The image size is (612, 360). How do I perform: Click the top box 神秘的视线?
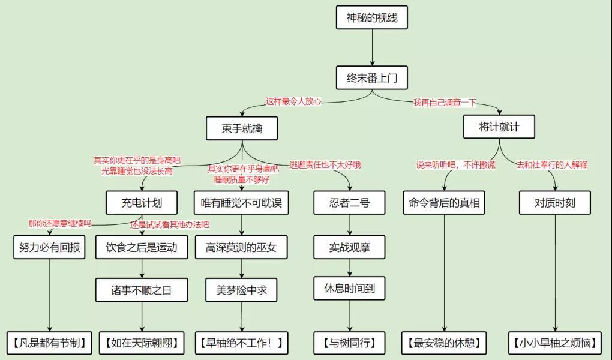click(372, 17)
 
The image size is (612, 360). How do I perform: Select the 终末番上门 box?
click(372, 78)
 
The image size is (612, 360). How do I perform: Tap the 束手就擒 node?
click(242, 128)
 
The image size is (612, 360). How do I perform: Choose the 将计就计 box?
click(499, 127)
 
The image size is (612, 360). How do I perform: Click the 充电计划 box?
click(142, 203)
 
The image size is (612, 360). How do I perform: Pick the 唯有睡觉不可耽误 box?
click(241, 203)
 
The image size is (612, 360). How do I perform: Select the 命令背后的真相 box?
click(445, 203)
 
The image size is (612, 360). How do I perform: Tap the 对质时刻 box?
click(555, 203)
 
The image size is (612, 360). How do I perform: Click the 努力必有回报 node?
click(49, 247)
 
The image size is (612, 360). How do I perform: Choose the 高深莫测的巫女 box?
click(241, 247)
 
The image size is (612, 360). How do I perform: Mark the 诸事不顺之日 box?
click(142, 290)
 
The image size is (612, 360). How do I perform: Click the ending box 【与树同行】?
click(349, 343)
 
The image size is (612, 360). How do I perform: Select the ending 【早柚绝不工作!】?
click(241, 343)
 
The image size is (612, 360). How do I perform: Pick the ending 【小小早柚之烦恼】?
click(555, 343)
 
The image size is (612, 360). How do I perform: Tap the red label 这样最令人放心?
click(293, 101)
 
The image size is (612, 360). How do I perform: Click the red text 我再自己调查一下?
click(445, 103)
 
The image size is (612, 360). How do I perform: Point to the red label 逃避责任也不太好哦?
click(325, 164)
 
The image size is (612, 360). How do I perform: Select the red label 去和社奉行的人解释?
click(552, 164)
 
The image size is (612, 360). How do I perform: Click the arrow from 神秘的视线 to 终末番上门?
click(372, 47)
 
